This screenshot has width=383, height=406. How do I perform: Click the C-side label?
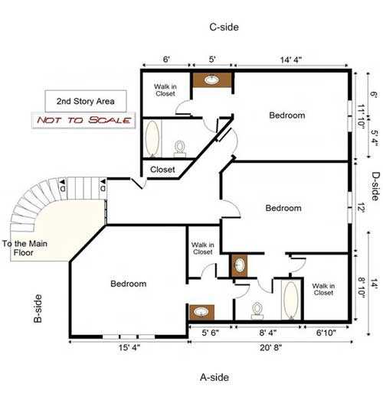pos(224,27)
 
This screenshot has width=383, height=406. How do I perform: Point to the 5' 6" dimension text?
pos(210,333)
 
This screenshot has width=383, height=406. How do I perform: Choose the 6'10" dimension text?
pos(330,333)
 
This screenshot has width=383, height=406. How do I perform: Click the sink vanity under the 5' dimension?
pos(211,80)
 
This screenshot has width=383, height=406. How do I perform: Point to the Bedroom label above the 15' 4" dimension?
pos(128,284)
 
